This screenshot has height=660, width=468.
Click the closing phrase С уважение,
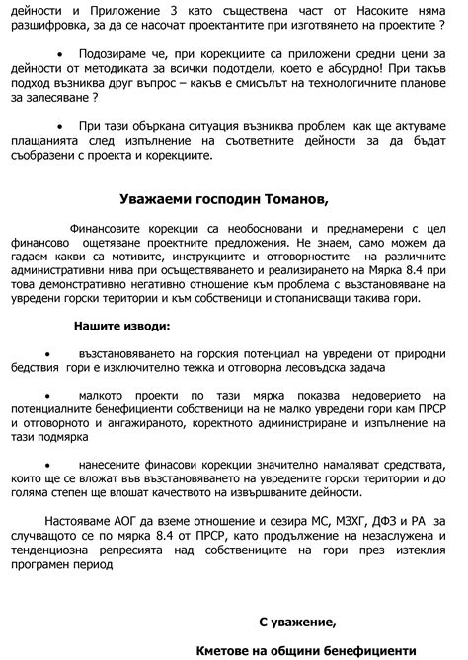click(297, 622)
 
